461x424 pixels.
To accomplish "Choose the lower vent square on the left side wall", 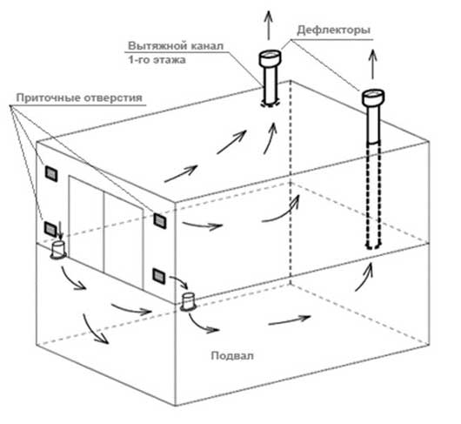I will [x=51, y=228].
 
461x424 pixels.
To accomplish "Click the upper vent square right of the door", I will [x=159, y=220].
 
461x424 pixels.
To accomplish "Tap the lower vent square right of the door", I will [x=159, y=276].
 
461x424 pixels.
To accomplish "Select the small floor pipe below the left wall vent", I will [x=60, y=250].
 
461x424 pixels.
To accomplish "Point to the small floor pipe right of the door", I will [x=188, y=300].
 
